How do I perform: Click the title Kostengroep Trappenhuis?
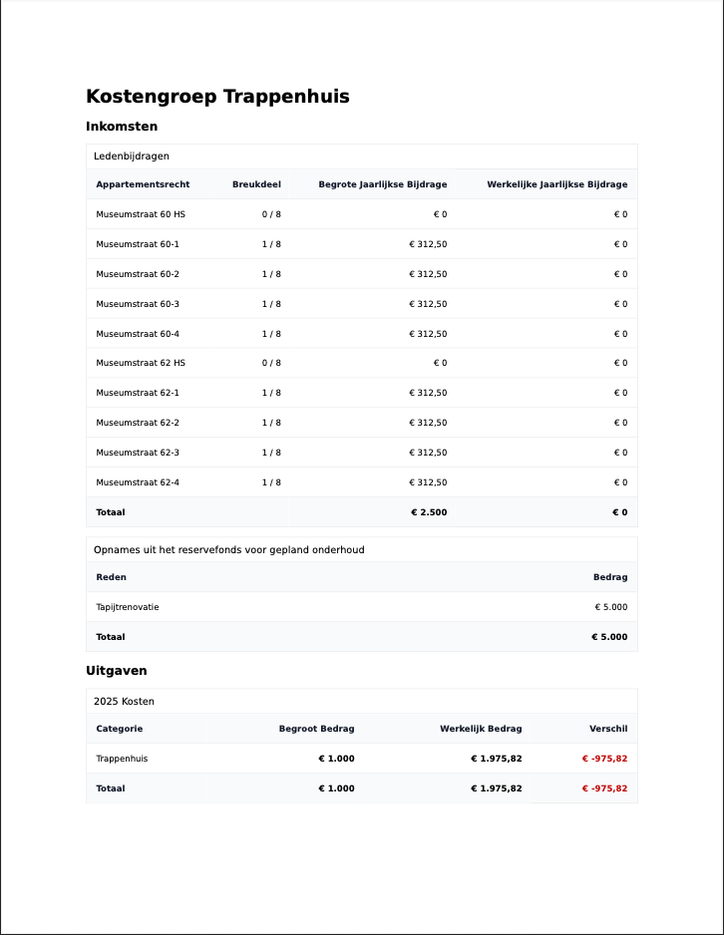[x=217, y=97]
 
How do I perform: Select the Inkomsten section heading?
[x=122, y=127]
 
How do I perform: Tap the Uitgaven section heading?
[x=117, y=671]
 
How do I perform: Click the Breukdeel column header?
[x=256, y=184]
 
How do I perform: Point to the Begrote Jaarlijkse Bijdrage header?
[x=383, y=184]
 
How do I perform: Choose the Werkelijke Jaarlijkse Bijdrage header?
[x=556, y=184]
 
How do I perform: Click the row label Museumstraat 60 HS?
[x=141, y=214]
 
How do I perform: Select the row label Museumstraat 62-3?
[x=138, y=453]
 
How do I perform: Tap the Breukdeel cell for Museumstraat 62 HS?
[x=271, y=363]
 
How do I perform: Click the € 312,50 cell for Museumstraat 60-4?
[x=428, y=334]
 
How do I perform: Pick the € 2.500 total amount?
[x=429, y=512]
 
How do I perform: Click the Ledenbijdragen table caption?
[x=132, y=156]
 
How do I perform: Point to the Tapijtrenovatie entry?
[x=128, y=607]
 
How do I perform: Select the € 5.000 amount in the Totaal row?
[x=609, y=637]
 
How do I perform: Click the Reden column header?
[x=111, y=577]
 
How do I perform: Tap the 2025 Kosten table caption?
[x=124, y=702]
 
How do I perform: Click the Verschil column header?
[x=608, y=729]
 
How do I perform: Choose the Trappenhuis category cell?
[x=122, y=759]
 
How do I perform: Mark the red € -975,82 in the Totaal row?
[x=604, y=788]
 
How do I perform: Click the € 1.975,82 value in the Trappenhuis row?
[x=496, y=759]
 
